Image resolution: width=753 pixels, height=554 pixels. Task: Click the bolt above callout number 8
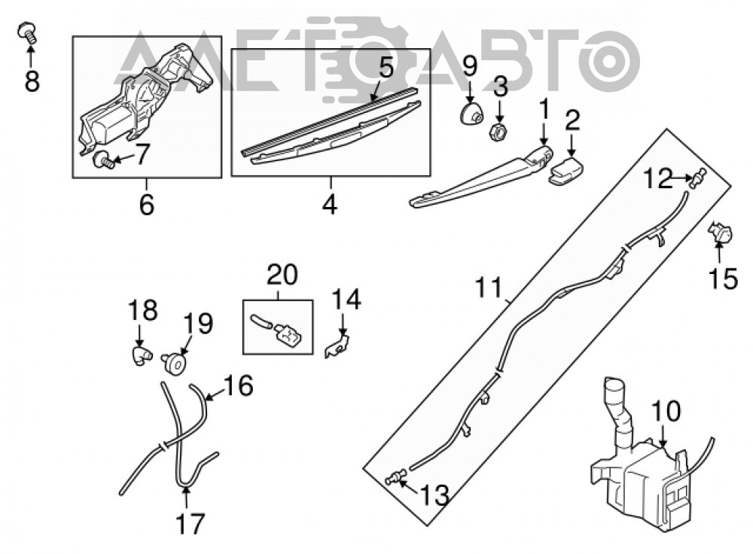28,33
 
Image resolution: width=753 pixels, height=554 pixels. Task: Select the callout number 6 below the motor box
147,204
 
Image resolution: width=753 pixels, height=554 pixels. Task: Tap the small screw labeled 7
103,160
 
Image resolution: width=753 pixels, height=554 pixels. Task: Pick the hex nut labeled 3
498,129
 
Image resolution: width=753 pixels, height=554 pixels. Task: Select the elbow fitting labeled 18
140,357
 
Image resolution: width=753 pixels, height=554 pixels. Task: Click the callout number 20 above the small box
282,275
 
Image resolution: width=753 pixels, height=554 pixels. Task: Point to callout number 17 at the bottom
191,523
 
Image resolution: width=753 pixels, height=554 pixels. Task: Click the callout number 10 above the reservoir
666,410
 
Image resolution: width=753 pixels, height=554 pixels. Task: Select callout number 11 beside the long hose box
488,288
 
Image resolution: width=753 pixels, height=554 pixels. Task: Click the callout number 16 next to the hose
239,385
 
